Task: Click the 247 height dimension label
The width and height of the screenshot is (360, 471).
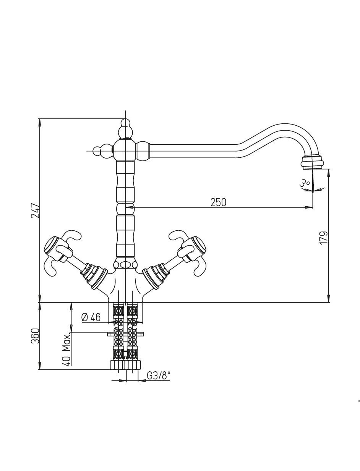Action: tap(36, 210)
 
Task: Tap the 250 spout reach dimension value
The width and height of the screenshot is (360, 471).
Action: tap(219, 202)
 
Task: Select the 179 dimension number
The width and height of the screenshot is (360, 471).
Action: tap(324, 237)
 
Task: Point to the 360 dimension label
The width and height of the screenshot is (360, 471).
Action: tap(36, 336)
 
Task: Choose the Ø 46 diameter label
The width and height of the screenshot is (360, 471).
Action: tap(91, 317)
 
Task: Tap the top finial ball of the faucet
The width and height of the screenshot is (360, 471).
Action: tap(125, 123)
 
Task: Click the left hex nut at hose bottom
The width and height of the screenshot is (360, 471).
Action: tap(117, 365)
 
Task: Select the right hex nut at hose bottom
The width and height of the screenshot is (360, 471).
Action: tap(133, 365)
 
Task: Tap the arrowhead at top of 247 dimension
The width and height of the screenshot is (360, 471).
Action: tap(39, 122)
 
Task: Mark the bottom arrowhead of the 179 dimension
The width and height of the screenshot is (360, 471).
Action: tap(328, 298)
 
